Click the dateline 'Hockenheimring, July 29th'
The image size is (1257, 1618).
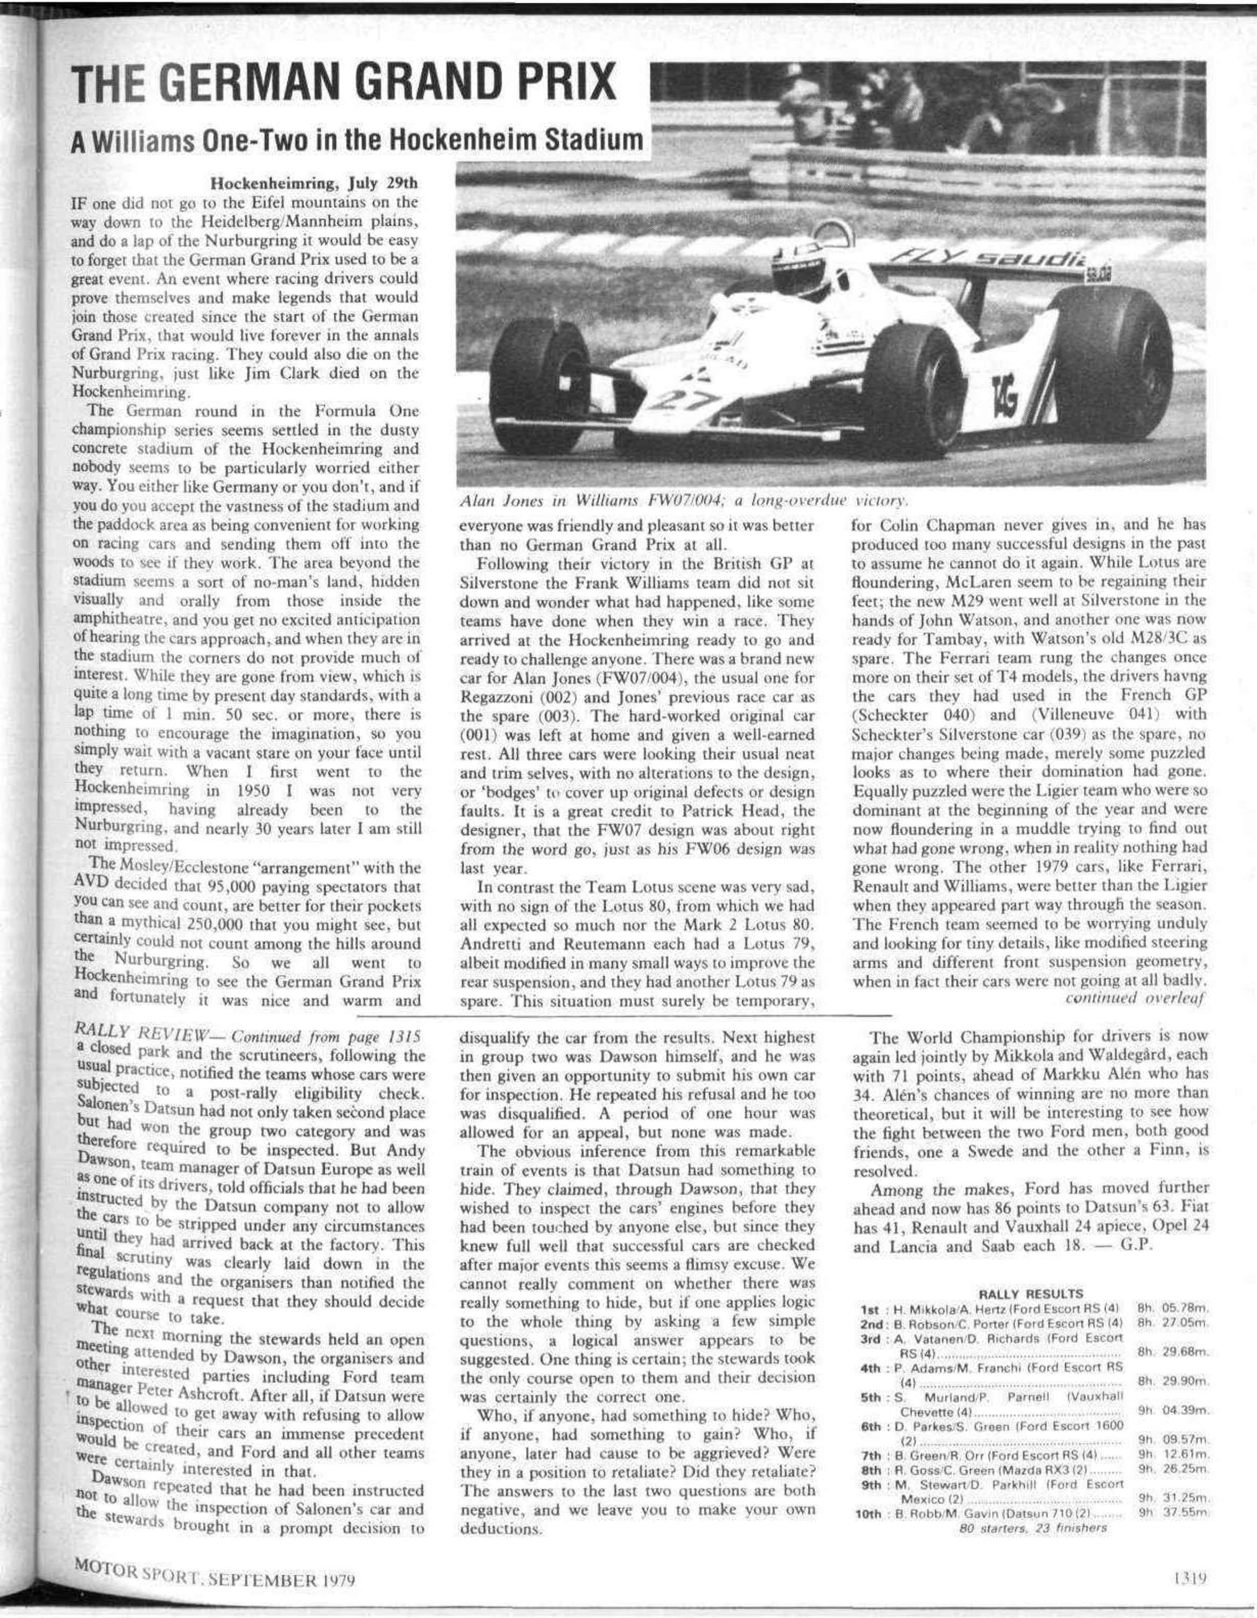(x=314, y=182)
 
